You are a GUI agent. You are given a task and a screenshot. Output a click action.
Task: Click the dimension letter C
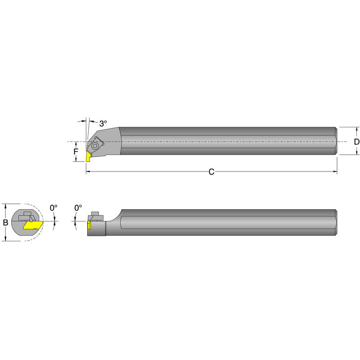[x=211, y=172]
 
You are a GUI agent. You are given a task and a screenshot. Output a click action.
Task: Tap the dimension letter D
[x=356, y=142]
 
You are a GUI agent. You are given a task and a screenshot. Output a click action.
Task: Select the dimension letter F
[x=76, y=152]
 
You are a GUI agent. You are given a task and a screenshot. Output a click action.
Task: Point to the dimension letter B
[x=5, y=222]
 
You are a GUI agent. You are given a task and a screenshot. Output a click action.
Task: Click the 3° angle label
[x=103, y=124]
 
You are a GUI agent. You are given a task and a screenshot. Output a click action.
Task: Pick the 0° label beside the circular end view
[x=54, y=208]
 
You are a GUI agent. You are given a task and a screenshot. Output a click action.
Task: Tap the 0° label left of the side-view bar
[x=78, y=208]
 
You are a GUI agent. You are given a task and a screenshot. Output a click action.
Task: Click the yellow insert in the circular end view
[x=33, y=225]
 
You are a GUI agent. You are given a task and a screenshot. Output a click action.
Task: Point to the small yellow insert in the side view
[x=89, y=225]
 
